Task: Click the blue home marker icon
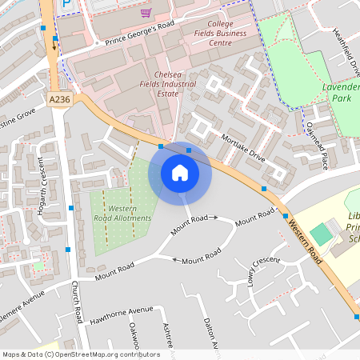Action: click(x=180, y=173)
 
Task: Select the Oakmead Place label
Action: click(x=317, y=145)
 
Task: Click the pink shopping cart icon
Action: click(x=146, y=12)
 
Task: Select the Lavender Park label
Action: click(x=342, y=91)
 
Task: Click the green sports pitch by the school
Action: click(x=321, y=234)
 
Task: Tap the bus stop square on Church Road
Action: click(x=71, y=208)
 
